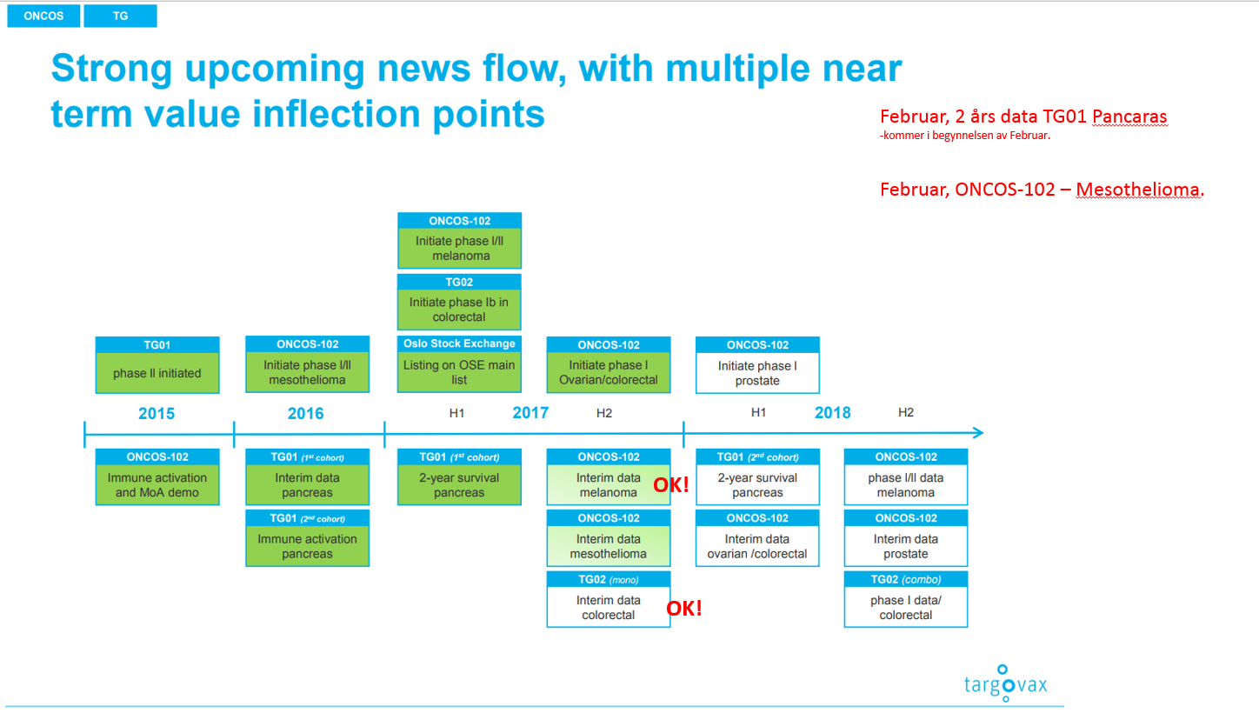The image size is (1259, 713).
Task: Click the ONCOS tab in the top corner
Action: [x=43, y=16]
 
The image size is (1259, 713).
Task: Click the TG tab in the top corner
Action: [x=120, y=16]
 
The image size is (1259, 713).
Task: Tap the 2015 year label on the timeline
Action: [x=157, y=414]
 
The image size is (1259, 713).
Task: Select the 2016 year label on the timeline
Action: [x=306, y=414]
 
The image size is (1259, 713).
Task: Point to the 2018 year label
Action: [x=832, y=413]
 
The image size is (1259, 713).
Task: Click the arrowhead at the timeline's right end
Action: [x=978, y=433]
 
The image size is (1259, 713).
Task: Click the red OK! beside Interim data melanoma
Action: [x=671, y=485]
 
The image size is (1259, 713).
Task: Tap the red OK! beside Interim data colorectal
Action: [x=684, y=608]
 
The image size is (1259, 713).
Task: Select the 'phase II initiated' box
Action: [x=157, y=365]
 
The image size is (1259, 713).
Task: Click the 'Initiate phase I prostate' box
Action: [x=757, y=365]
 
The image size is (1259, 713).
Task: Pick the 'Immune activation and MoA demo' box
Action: [x=157, y=476]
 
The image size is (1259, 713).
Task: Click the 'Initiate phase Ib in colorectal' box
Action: [x=459, y=302]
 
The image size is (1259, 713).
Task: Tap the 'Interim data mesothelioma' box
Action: [x=608, y=537]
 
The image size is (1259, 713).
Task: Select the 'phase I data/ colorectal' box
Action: [x=905, y=599]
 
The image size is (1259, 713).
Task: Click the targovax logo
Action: [x=1005, y=683]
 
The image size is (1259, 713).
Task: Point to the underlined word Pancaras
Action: [x=1129, y=117]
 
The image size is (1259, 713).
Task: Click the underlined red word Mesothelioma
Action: [x=1137, y=190]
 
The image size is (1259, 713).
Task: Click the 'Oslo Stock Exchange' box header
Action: [x=459, y=343]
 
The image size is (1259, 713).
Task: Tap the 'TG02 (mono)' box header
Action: [x=608, y=579]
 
